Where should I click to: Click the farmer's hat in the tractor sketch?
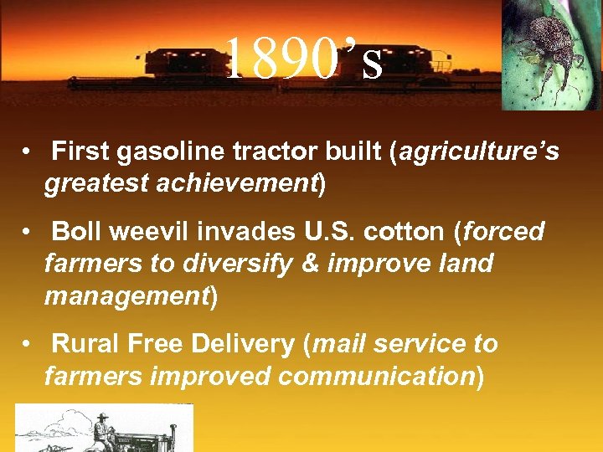click(x=102, y=416)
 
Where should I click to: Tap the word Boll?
click(x=77, y=232)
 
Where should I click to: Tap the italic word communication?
click(x=376, y=376)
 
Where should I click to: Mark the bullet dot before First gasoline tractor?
click(x=28, y=153)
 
